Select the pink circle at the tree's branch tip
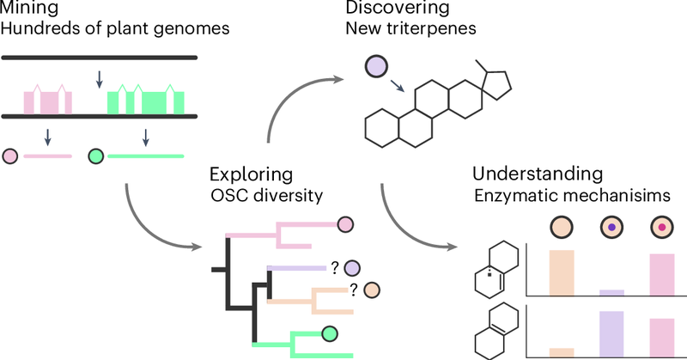click(x=345, y=224)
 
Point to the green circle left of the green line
click(x=96, y=156)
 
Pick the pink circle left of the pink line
click(x=12, y=156)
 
